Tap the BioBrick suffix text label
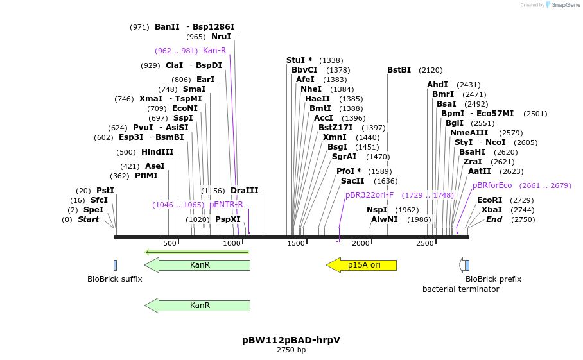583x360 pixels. point(115,279)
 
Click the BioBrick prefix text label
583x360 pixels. point(493,279)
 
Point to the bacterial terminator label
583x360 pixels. point(460,289)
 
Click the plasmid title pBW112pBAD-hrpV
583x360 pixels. point(291,340)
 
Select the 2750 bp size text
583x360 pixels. point(291,350)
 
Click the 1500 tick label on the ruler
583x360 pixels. point(296,244)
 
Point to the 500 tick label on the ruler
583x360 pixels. point(170,244)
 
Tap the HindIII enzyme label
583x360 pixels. point(157,152)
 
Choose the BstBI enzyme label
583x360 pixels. point(399,70)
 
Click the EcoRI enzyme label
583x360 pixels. point(489,200)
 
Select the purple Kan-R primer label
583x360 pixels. point(214,51)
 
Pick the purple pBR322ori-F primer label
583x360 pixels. point(369,194)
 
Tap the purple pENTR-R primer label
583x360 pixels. point(226,205)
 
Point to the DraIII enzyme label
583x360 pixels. point(244,191)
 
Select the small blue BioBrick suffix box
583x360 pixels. point(115,265)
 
